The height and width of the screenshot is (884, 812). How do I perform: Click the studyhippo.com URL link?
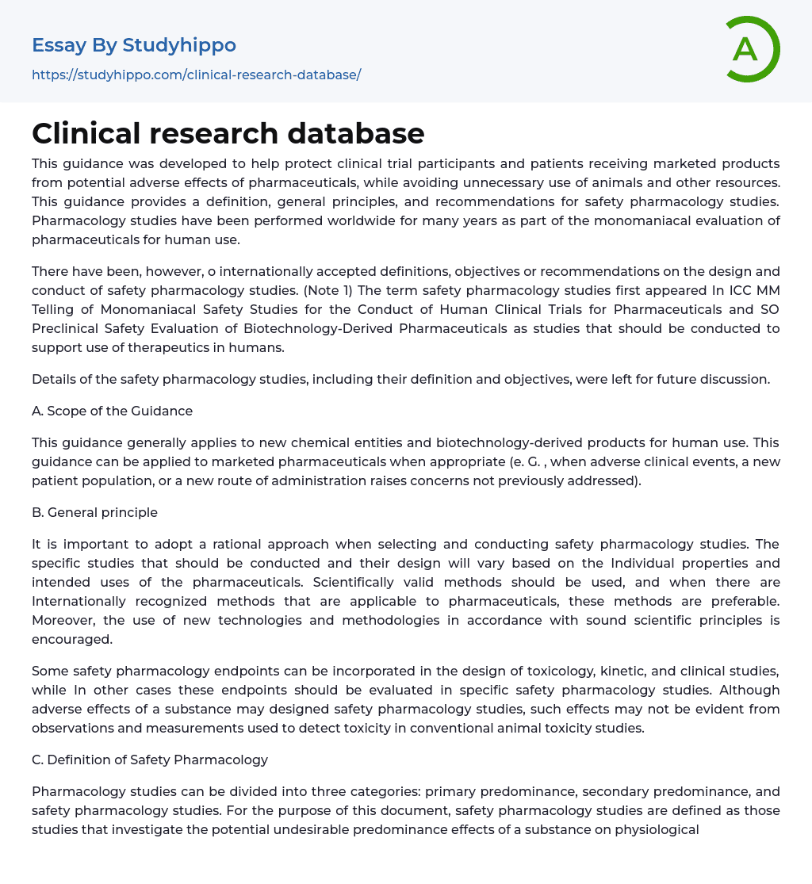[196, 75]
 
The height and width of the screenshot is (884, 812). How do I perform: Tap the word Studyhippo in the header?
[179, 45]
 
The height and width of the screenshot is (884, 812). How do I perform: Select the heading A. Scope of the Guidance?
[112, 411]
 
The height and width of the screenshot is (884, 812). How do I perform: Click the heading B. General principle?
[94, 512]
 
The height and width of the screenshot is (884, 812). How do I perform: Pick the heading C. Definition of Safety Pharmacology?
[150, 760]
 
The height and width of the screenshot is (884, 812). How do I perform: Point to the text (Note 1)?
[327, 290]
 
